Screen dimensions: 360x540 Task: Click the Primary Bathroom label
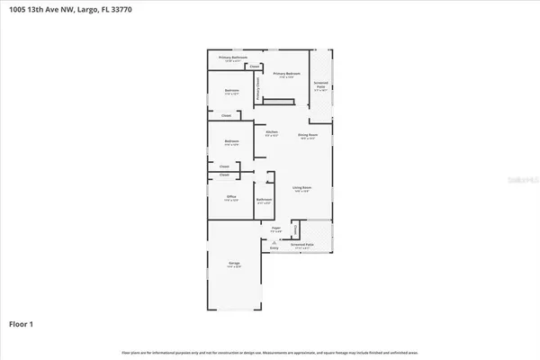tap(232, 58)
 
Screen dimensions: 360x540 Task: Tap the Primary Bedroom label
tap(285, 75)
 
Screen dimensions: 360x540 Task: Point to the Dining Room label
tap(308, 135)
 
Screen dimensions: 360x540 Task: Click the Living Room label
tap(301, 187)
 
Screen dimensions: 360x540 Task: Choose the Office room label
tap(231, 196)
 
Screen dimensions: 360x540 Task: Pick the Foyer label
tap(277, 229)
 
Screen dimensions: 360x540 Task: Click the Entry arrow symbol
tap(274, 243)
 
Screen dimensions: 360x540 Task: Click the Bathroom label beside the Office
tap(264, 199)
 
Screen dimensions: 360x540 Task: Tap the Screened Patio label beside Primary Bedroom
tap(321, 83)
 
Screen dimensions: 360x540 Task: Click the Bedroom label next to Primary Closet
tap(231, 91)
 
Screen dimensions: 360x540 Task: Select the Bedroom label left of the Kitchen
tap(231, 141)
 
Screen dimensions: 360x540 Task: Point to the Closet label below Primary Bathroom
tap(255, 67)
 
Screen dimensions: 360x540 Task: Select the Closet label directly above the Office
tap(224, 175)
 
